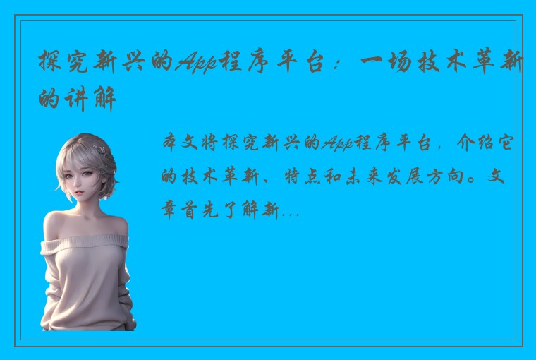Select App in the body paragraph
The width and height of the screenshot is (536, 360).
[x=337, y=145]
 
